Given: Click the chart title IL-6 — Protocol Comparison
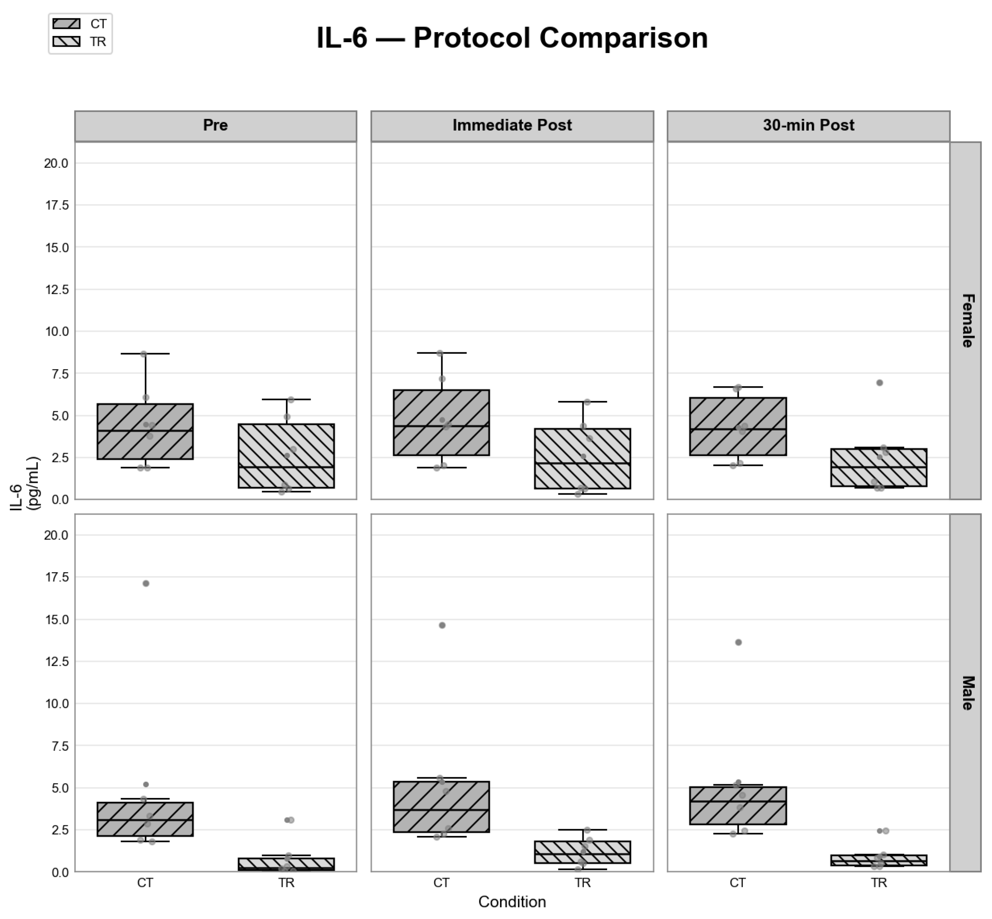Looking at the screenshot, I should click(512, 38).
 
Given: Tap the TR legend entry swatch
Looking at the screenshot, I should click(66, 41).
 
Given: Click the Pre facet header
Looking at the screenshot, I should click(215, 125).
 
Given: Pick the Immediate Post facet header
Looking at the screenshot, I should click(512, 125).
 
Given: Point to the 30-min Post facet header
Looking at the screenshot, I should click(808, 125).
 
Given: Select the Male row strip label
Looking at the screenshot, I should click(966, 693).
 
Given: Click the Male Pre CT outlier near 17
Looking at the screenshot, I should click(146, 583).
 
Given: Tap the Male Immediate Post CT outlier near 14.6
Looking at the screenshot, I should click(442, 625).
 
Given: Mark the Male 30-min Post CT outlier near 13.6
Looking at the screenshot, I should click(738, 642).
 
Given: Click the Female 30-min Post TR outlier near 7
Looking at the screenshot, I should click(879, 383).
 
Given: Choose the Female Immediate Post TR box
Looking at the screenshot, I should click(582, 459).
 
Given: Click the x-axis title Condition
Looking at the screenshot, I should click(512, 902).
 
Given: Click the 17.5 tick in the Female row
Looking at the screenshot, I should click(56, 205).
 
